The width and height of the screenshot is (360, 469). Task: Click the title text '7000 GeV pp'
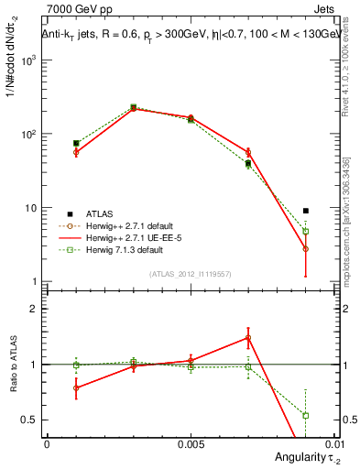[73, 8]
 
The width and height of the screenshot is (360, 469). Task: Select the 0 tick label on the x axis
[47, 442]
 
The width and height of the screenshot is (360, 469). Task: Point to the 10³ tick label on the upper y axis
[31, 60]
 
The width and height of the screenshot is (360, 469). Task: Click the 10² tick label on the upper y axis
[31, 134]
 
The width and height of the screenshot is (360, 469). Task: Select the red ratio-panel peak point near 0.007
[248, 337]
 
